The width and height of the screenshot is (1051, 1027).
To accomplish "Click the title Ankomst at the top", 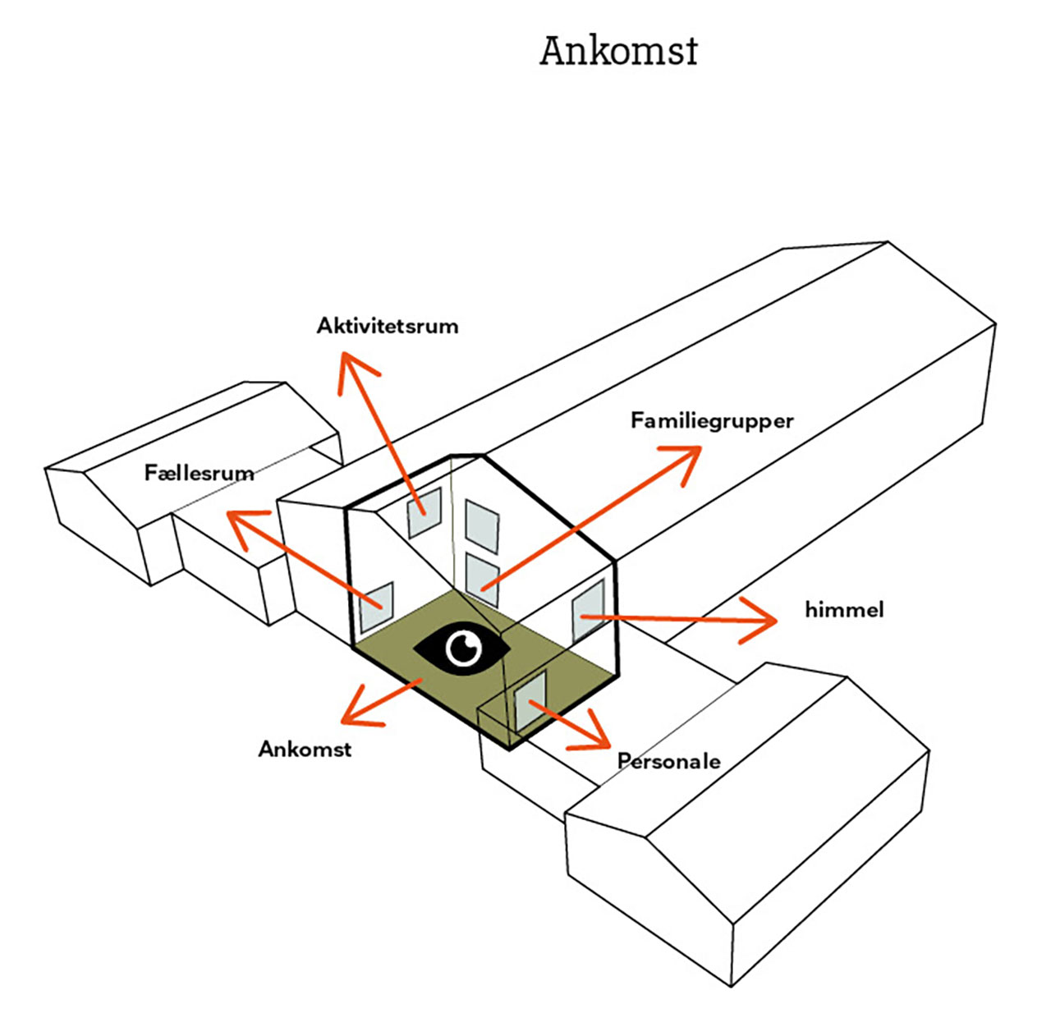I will [618, 51].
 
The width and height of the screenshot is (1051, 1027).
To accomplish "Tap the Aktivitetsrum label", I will [388, 326].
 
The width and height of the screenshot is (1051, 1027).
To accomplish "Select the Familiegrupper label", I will [712, 420].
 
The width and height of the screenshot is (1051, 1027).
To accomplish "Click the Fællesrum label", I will [199, 473].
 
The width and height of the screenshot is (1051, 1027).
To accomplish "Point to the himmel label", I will [844, 610].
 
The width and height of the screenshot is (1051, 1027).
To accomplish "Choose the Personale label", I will [669, 762].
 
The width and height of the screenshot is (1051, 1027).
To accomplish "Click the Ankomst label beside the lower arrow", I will [305, 749].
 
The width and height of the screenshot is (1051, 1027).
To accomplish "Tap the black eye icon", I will [462, 648].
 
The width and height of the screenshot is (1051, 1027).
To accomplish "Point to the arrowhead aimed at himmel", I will [764, 620].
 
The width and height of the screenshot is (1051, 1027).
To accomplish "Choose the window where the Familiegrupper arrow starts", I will [482, 578].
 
